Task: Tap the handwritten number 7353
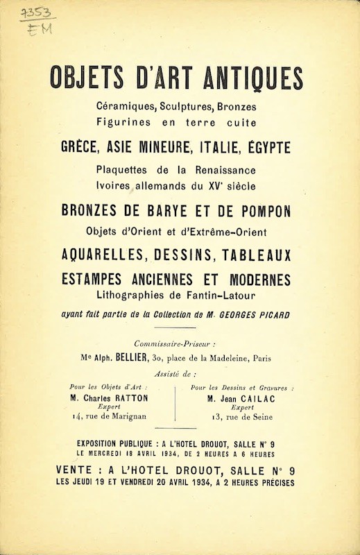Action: (x=35, y=14)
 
